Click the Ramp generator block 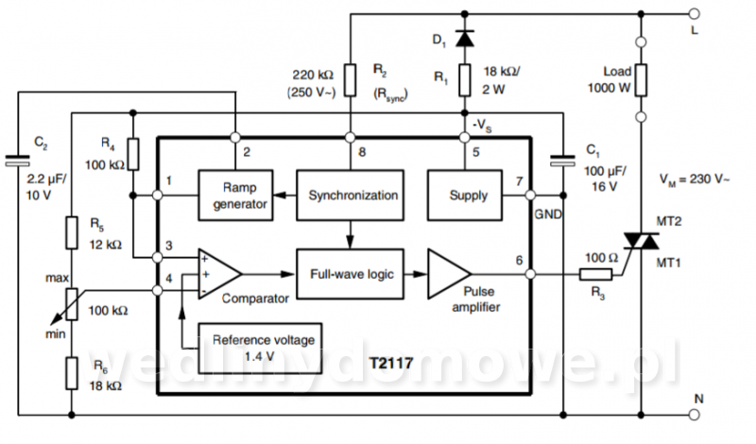(x=235, y=196)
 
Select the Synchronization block (x=350, y=196)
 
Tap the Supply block (x=465, y=196)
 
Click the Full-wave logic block (x=350, y=274)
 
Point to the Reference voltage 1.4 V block (x=261, y=349)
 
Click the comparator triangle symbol (x=219, y=274)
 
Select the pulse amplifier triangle (x=449, y=274)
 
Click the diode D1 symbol (x=465, y=39)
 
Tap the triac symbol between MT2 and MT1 (x=642, y=241)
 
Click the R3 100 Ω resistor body (x=596, y=275)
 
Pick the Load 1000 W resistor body (x=642, y=80)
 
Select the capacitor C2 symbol (x=18, y=161)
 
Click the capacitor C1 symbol (x=563, y=161)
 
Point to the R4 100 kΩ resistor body (x=133, y=154)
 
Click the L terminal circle (x=694, y=14)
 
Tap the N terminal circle (x=694, y=415)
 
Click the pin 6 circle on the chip (x=530, y=274)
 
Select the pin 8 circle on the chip (x=350, y=137)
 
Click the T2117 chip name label (x=391, y=363)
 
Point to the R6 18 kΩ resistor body (x=72, y=373)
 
